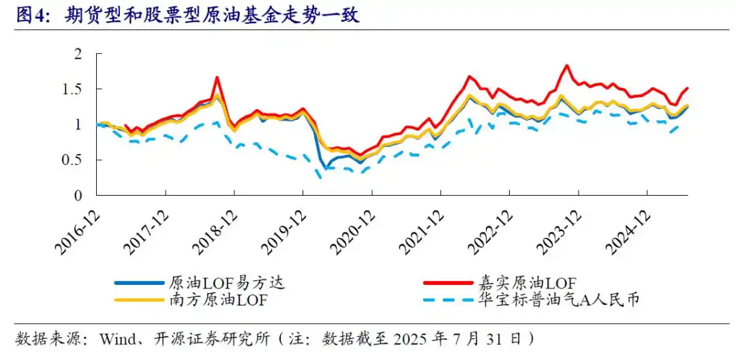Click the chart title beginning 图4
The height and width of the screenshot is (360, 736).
click(x=187, y=16)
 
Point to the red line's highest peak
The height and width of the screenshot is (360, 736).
click(x=567, y=65)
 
